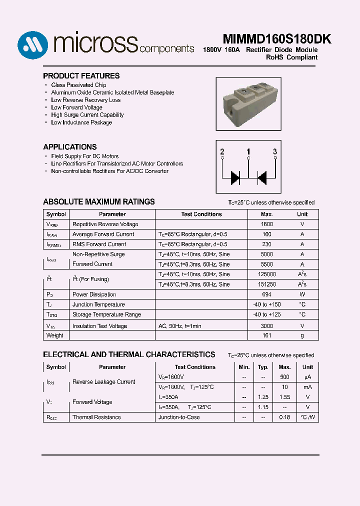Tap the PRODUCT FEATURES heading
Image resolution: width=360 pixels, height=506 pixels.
81,76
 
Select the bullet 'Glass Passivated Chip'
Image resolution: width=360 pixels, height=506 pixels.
78,85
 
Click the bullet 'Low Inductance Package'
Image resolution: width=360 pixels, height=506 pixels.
81,122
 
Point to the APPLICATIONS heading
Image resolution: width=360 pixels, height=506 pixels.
70,147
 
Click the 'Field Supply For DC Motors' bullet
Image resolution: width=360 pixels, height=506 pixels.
84,156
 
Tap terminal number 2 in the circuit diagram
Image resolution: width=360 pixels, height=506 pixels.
222,151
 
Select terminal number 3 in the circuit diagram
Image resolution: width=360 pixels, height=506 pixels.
274,151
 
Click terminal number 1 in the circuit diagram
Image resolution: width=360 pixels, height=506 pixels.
248,151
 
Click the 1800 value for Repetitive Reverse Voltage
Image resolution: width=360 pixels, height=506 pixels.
267,224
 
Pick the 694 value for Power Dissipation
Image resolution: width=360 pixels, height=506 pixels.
267,294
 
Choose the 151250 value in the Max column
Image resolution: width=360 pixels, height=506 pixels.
267,284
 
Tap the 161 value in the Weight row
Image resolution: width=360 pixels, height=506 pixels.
267,335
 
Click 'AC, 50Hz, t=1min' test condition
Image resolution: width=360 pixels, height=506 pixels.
179,326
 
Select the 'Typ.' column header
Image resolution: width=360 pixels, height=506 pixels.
263,367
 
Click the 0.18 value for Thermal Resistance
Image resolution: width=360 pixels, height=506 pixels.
284,417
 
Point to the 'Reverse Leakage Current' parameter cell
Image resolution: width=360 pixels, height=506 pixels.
103,382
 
